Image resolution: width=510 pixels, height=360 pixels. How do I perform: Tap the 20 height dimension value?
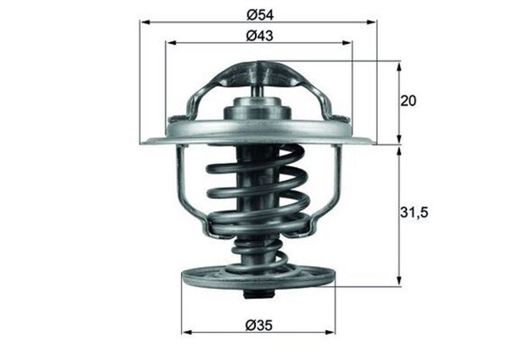click(408, 101)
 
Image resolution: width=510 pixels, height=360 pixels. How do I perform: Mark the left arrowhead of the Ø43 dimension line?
click(169, 44)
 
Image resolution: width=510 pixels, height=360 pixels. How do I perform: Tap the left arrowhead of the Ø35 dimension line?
click(186, 332)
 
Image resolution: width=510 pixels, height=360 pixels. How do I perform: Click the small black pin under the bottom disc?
click(253, 298)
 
